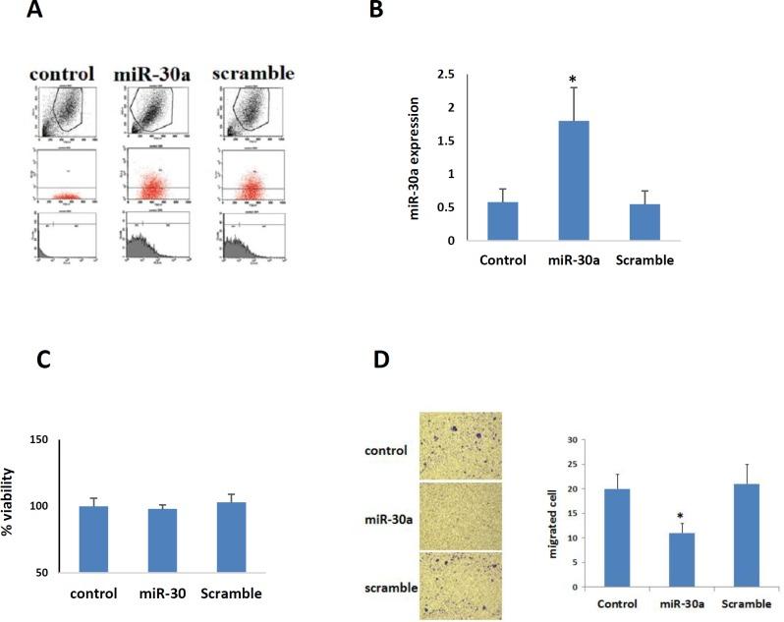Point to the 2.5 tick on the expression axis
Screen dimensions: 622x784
tap(445, 75)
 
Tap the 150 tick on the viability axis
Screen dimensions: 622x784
tap(38, 438)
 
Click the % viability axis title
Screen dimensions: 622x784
tap(9, 503)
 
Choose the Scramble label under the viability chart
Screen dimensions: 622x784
tap(233, 594)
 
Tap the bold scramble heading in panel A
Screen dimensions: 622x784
tap(253, 74)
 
